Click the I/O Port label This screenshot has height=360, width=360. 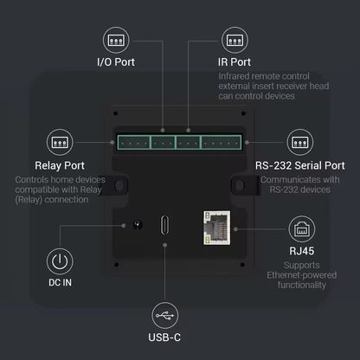(115, 62)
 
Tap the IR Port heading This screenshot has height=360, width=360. (235, 62)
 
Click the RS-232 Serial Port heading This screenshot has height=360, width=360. (299, 165)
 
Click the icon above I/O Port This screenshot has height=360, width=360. (115, 40)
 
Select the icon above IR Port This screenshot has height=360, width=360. (235, 40)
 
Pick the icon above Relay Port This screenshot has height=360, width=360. (60, 142)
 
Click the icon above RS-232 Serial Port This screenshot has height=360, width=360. (299, 142)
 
